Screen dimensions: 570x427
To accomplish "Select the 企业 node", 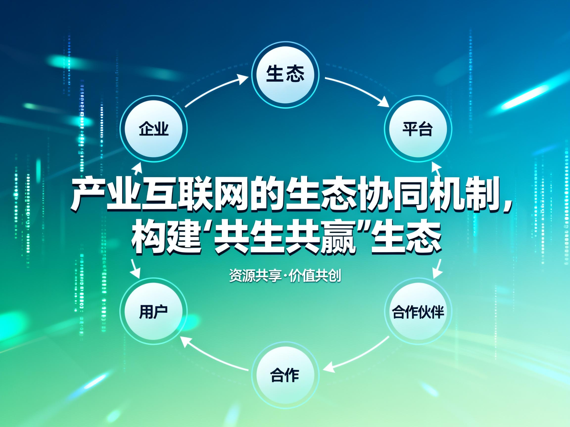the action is [154, 129].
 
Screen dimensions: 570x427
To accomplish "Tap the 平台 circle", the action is [417, 129].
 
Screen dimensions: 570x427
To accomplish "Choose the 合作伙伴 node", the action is [417, 311].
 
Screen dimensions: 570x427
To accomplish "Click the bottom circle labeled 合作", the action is [285, 375].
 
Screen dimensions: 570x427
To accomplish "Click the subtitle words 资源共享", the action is [255, 276].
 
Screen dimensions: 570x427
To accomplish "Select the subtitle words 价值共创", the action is [315, 276].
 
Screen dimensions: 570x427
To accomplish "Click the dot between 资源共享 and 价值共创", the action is [285, 277].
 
